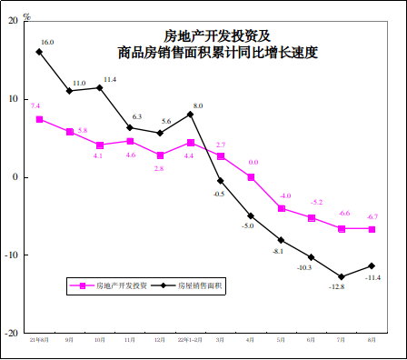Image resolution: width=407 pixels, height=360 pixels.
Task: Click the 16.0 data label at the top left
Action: click(48, 42)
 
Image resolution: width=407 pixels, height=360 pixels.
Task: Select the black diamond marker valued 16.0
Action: click(39, 52)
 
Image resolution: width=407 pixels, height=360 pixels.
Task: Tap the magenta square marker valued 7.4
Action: click(39, 119)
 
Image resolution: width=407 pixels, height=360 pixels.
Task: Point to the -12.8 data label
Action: click(336, 287)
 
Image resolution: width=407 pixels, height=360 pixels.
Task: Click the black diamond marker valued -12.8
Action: click(342, 276)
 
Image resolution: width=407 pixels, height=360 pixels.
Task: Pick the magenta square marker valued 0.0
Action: click(251, 177)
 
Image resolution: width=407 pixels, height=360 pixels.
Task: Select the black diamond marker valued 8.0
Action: click(190, 115)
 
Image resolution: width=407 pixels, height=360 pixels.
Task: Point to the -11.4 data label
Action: click(372, 277)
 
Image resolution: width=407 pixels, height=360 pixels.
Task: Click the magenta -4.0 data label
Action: click(284, 196)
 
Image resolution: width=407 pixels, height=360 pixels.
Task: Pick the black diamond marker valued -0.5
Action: click(221, 180)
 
